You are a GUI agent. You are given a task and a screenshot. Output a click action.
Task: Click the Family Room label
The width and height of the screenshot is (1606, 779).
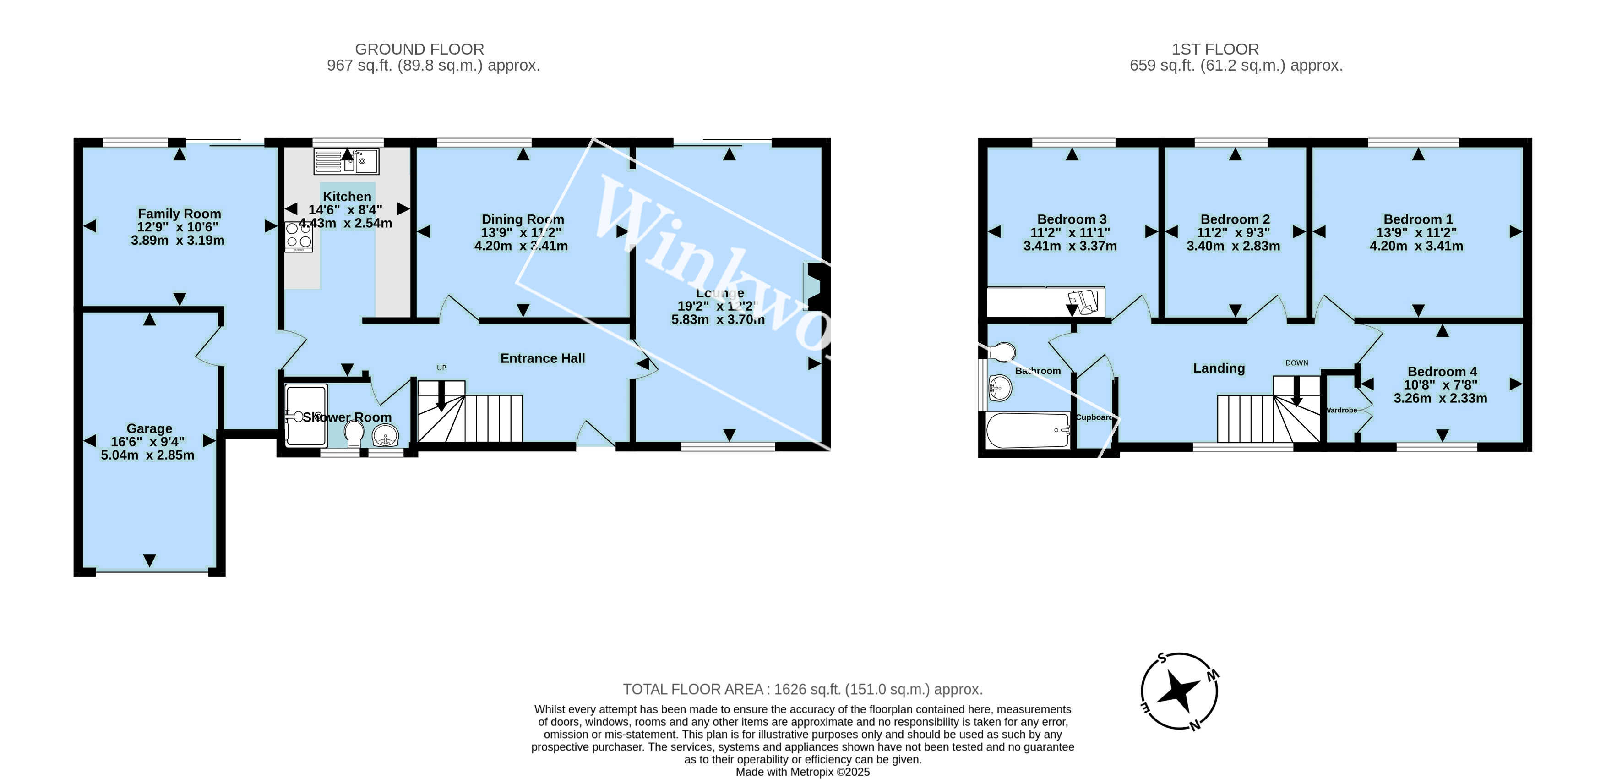click(179, 214)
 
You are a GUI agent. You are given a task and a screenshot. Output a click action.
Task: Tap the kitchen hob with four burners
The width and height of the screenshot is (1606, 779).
click(299, 236)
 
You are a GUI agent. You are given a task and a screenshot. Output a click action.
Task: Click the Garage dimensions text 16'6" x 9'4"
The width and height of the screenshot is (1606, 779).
click(148, 442)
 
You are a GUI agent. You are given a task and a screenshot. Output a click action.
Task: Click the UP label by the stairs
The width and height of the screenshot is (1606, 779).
click(441, 368)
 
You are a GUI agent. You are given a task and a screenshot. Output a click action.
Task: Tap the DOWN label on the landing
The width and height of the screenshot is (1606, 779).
click(1296, 363)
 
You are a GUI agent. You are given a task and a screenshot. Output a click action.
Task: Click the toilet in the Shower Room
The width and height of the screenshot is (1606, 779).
click(354, 433)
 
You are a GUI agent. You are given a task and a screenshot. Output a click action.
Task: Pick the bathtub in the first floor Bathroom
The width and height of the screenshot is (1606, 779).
click(1028, 430)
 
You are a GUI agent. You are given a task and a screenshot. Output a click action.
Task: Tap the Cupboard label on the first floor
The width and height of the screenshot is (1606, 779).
click(1094, 417)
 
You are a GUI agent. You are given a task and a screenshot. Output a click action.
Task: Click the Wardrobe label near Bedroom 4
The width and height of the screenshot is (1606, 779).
click(1340, 411)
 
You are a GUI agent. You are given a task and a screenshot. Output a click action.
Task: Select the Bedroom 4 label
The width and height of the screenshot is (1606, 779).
click(1442, 372)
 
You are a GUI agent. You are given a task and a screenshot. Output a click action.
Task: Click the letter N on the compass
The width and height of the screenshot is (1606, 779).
click(1194, 725)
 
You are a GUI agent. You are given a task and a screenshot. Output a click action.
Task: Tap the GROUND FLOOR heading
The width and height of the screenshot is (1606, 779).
click(419, 49)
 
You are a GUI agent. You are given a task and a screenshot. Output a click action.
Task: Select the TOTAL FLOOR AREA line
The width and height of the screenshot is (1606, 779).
click(802, 689)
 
